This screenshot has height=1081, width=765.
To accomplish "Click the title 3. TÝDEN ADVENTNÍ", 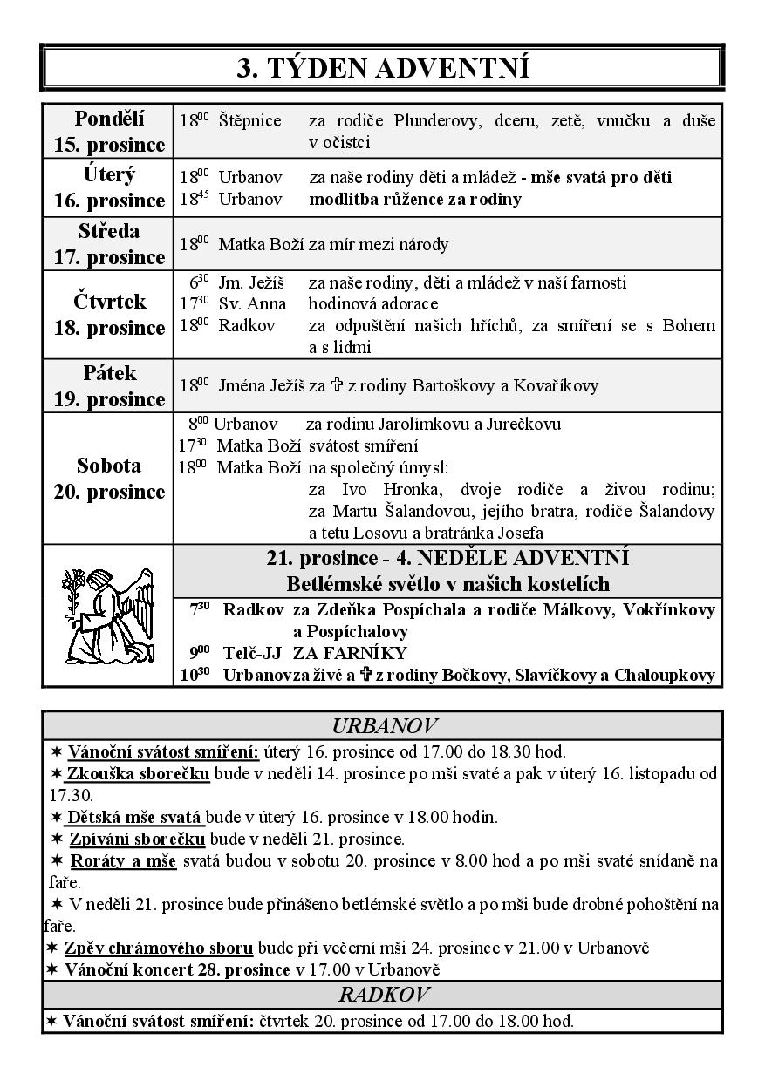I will coord(382,67).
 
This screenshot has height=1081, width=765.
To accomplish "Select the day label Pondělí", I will coord(109,119).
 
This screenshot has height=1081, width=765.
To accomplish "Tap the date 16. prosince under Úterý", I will coord(109,201).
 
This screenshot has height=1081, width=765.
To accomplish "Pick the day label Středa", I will coord(109,231).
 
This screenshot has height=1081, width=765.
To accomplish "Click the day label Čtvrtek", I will coord(109,302).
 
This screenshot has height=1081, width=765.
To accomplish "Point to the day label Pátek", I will coord(109,373).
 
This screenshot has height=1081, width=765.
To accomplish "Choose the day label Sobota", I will coord(109,466).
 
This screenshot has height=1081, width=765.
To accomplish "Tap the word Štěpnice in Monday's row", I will coord(250,121).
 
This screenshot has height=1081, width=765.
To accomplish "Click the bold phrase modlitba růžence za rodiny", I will coord(415,199).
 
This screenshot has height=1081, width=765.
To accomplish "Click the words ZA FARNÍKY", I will coord(350,653).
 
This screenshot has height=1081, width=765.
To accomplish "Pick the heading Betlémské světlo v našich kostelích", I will coord(447,583).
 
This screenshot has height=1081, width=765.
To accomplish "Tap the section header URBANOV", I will coord(382,725).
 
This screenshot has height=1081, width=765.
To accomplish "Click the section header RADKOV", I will coord(382,995).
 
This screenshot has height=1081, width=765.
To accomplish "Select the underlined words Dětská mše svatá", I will coord(134,818).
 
